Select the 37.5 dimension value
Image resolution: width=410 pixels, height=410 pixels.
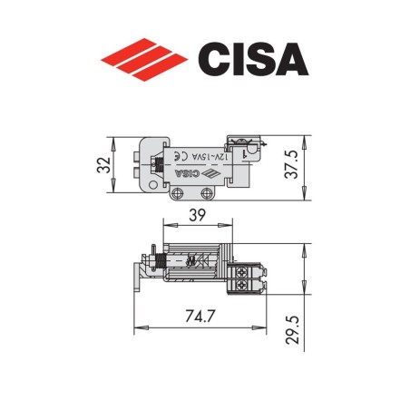coord(313,164)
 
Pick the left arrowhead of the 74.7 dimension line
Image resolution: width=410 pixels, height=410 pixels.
coord(137,327)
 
